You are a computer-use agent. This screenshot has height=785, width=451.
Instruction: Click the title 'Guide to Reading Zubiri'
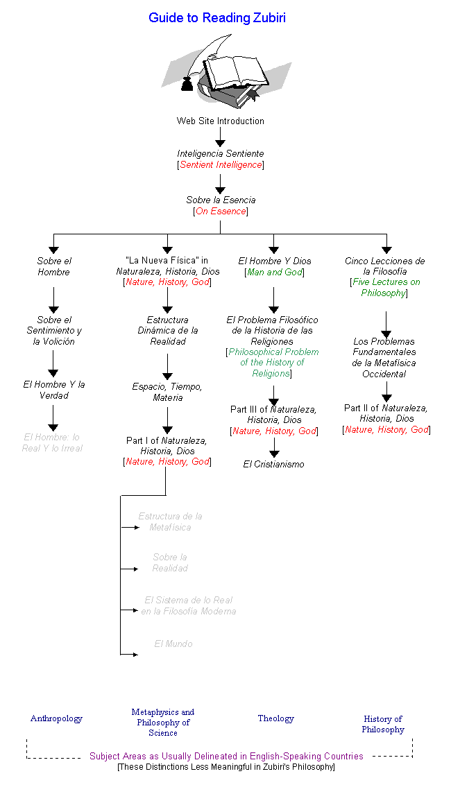(x=216, y=18)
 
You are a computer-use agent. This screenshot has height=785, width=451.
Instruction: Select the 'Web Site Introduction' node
(x=220, y=121)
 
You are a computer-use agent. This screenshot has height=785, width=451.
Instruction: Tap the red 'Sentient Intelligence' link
(x=221, y=165)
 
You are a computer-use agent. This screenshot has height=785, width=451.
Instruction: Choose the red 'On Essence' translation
(x=221, y=212)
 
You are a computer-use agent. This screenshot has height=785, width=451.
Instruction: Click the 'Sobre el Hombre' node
(x=53, y=266)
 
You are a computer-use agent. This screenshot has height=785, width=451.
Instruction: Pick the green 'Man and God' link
(x=274, y=273)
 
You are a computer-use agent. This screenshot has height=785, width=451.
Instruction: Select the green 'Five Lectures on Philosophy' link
(x=385, y=288)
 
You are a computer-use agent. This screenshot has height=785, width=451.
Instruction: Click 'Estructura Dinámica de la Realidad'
(x=167, y=331)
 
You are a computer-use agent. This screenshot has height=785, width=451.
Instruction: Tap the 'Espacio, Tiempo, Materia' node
(x=167, y=392)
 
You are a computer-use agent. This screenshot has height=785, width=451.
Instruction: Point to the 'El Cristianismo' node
(x=273, y=464)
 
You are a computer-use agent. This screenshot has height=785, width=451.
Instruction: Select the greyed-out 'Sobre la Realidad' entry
(x=170, y=562)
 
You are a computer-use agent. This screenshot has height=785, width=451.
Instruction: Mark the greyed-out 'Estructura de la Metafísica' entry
(x=170, y=521)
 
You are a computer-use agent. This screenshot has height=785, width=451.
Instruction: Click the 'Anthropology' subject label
(x=56, y=718)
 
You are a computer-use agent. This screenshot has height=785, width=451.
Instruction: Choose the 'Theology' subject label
(x=275, y=718)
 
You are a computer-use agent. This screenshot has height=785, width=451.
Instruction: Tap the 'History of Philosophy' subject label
(x=382, y=724)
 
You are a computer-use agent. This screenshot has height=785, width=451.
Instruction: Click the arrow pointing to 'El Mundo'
(x=130, y=654)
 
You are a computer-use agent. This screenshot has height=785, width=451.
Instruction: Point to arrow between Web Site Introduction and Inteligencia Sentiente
(x=220, y=138)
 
